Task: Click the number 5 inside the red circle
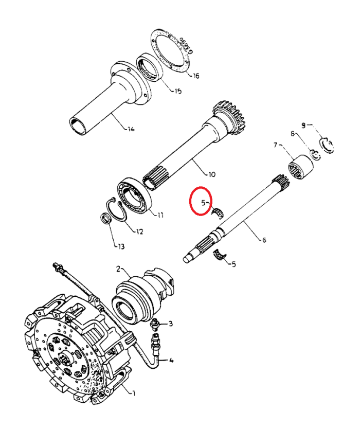pos(204,202)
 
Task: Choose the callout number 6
pos(264,239)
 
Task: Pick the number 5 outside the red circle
pos(233,264)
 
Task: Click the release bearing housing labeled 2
pos(138,297)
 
